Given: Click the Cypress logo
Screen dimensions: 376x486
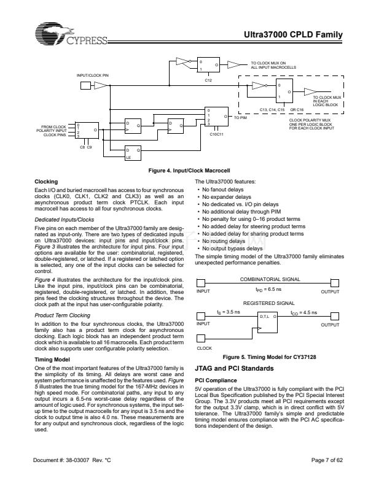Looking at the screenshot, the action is (71, 34).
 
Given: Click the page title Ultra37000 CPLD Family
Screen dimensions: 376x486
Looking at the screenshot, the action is (293, 34).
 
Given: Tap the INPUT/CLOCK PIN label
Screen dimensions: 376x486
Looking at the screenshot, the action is (92, 75).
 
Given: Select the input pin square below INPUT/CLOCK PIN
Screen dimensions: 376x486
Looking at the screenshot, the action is (85, 85).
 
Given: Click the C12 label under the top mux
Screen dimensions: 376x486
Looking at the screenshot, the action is (208, 80).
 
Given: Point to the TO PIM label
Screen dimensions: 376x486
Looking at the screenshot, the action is (240, 118).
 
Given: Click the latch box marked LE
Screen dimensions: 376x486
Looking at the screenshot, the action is (133, 153).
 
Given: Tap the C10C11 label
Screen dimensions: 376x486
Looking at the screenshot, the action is (216, 134).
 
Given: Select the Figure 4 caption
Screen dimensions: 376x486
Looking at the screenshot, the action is (189, 171).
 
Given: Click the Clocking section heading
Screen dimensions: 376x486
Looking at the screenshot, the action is (46, 182).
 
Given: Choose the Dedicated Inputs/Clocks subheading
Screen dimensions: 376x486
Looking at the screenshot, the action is (65, 220).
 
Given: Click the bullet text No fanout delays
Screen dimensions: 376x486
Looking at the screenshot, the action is (223, 190).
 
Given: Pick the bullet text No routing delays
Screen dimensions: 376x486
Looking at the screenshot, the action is (224, 241).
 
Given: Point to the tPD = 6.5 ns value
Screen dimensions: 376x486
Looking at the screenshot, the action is (268, 290).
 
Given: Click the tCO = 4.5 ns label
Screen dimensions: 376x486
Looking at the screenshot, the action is (304, 313).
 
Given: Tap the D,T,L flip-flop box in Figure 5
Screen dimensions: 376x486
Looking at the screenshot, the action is (267, 322).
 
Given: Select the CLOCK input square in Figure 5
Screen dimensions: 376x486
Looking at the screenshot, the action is (201, 338).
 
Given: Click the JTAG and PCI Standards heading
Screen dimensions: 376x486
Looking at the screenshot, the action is (234, 369).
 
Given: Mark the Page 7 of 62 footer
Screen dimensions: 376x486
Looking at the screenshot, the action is (327, 460).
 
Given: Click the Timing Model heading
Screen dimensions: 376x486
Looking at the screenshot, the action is (52, 360).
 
